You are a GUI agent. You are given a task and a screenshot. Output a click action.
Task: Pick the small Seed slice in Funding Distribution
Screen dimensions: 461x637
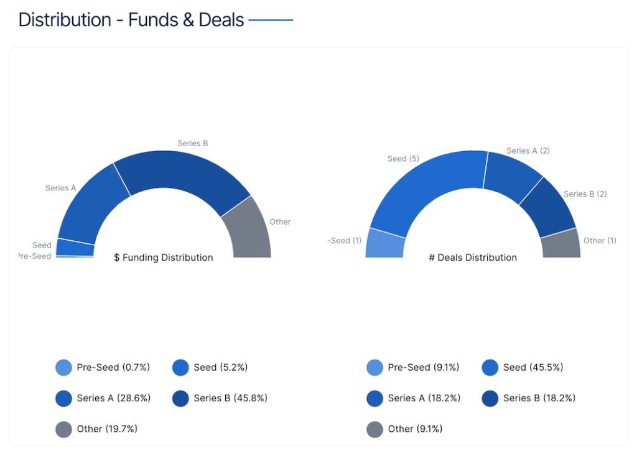coord(75,248)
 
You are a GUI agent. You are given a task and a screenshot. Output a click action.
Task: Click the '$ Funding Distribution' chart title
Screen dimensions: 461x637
coord(163,258)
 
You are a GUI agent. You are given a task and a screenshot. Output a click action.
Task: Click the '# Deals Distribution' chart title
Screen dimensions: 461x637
coord(473,258)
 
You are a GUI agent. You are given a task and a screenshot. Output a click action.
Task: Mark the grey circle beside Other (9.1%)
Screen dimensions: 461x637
coord(374,429)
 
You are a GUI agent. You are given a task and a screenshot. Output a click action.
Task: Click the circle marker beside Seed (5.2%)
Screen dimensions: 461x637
coord(180,368)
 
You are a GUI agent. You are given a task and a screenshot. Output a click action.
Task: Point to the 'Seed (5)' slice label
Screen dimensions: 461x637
coord(403,159)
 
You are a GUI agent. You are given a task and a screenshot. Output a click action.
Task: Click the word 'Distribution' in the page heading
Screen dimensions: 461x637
coord(65,20)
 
